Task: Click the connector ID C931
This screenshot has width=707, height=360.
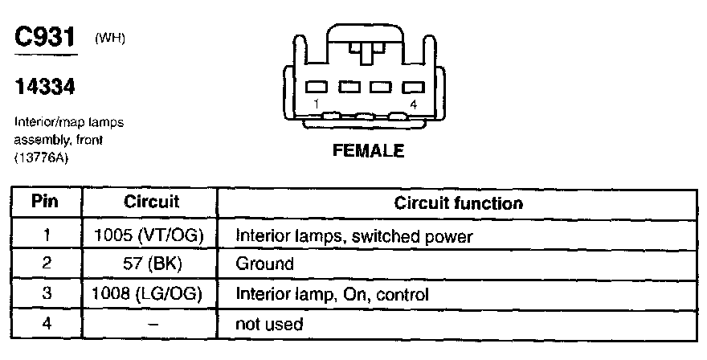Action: [45, 38]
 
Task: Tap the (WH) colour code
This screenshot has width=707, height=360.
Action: [110, 38]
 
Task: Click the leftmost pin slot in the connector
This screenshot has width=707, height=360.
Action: [317, 87]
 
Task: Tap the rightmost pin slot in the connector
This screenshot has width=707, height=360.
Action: [412, 87]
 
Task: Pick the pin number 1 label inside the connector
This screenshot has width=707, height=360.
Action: [317, 104]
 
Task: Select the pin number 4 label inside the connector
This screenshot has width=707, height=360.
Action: [413, 104]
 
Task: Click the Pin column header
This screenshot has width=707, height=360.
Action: [46, 202]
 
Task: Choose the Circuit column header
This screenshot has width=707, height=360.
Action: [151, 202]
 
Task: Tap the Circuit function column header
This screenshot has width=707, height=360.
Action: [458, 202]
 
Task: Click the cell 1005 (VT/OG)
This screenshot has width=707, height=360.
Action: [151, 236]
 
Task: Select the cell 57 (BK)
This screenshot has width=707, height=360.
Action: [151, 264]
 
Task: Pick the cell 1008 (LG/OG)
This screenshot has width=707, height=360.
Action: [151, 294]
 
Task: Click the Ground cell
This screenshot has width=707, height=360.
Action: [264, 264]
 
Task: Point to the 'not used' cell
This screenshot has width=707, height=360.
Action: [268, 325]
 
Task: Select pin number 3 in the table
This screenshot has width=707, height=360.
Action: [46, 294]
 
